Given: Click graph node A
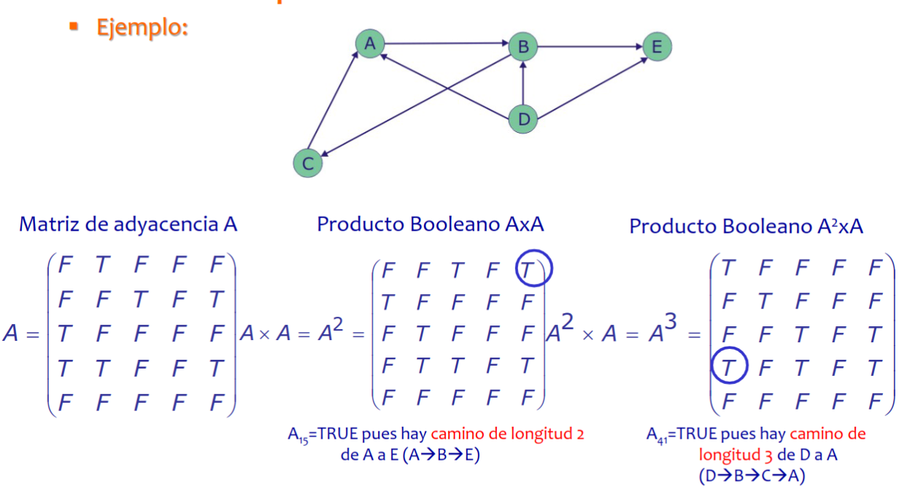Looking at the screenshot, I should pos(370,44).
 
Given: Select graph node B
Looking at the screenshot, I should pos(522,47).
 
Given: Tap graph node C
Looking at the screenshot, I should pos(307,163).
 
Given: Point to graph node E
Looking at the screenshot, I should pos(657,47).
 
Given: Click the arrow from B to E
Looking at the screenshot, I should pos(590,47).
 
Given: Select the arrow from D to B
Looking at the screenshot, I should pos(523,84).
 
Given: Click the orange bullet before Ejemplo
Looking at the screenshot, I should pos(73,27).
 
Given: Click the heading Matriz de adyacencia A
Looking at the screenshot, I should pos(128,224).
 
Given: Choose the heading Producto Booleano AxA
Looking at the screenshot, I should pos(431,224).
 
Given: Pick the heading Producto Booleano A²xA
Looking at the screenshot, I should pos(746,226).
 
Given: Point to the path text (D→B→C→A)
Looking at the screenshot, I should pos(752,475).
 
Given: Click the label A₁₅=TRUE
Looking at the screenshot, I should pos(322,434).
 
